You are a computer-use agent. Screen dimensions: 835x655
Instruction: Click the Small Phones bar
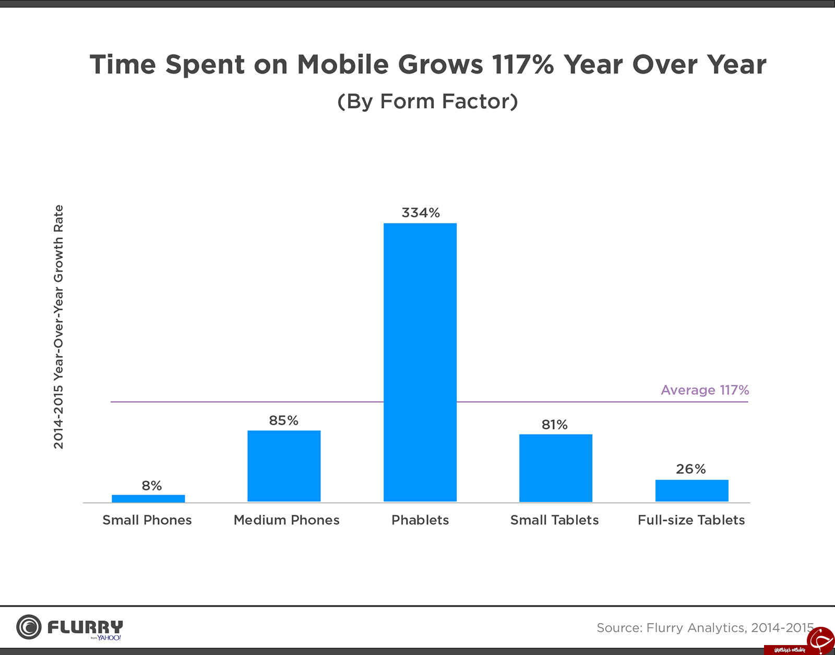tap(148, 498)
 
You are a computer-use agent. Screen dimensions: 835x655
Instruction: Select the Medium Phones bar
tap(284, 466)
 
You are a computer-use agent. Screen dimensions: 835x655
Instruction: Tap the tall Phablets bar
tap(420, 362)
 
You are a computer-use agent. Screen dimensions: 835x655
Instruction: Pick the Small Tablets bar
tap(556, 468)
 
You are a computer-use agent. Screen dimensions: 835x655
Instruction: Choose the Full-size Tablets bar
tap(691, 491)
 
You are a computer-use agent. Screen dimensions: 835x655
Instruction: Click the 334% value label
tap(421, 213)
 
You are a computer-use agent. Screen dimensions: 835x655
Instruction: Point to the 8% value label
tap(152, 486)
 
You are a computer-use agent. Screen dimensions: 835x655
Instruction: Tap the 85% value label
tap(283, 420)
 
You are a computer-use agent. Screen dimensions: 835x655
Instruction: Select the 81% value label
tap(554, 425)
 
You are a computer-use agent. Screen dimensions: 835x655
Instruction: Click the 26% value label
tap(691, 469)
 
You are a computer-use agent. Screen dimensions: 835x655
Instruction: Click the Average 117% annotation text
tap(705, 390)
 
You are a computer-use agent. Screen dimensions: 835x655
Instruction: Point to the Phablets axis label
tap(420, 520)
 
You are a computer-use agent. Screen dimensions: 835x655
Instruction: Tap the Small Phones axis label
tap(147, 520)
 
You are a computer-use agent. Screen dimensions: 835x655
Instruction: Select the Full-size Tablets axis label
tap(691, 520)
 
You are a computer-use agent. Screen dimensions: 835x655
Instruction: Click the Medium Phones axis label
tap(287, 520)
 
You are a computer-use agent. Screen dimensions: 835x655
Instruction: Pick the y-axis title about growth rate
tap(58, 327)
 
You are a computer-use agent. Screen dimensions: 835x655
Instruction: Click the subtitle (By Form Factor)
tap(427, 101)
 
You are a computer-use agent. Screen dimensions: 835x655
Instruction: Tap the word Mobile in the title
tap(343, 64)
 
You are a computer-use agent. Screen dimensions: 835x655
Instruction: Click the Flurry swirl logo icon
tap(29, 627)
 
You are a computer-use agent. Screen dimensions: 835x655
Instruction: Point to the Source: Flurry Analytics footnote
tap(705, 628)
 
